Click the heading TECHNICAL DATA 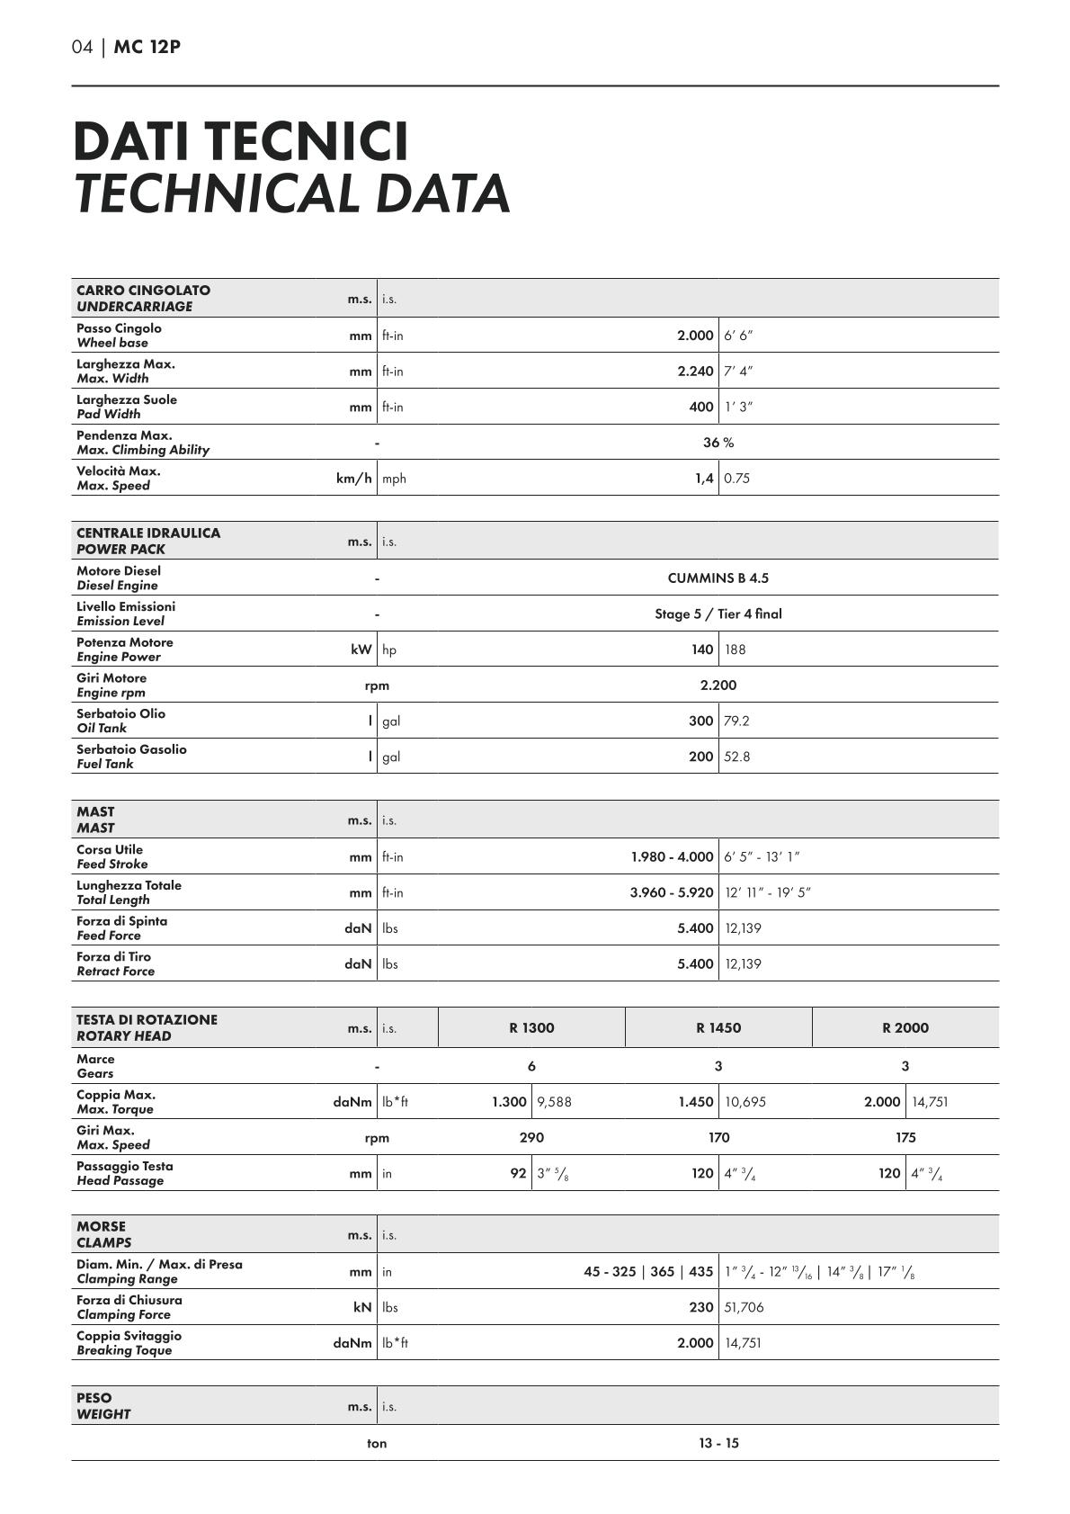pyautogui.click(x=292, y=193)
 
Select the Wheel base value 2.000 pyautogui.click(x=695, y=336)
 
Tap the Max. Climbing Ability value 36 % pyautogui.click(x=718, y=443)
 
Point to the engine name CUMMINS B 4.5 pyautogui.click(x=718, y=578)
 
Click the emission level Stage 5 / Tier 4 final pyautogui.click(x=718, y=614)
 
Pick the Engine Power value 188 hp pyautogui.click(x=735, y=649)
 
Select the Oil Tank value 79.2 pyautogui.click(x=736, y=721)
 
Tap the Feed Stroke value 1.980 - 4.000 pyautogui.click(x=672, y=857)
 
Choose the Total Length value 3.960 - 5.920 pyautogui.click(x=672, y=893)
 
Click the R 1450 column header pyautogui.click(x=718, y=1028)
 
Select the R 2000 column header pyautogui.click(x=905, y=1028)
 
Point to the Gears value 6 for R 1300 pyautogui.click(x=531, y=1067)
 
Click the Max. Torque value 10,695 pyautogui.click(x=745, y=1102)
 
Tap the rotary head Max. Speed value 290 pyautogui.click(x=531, y=1138)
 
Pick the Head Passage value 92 pyautogui.click(x=518, y=1174)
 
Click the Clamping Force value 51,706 pyautogui.click(x=744, y=1308)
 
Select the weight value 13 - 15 pyautogui.click(x=718, y=1444)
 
